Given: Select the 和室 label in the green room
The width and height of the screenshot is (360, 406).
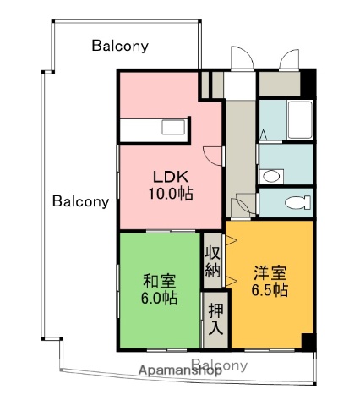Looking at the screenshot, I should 160,280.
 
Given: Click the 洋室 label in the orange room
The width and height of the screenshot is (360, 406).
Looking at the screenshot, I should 270,272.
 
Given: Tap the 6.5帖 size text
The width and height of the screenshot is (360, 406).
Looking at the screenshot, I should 270,290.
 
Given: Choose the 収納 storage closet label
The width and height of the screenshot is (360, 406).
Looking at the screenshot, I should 212,262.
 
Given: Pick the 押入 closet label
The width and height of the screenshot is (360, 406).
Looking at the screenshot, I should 215,318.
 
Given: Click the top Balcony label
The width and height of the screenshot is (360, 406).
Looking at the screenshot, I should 120,46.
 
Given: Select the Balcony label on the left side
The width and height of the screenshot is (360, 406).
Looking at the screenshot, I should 81,201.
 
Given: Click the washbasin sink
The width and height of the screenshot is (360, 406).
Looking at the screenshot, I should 270,176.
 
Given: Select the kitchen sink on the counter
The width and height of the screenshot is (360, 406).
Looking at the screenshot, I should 174,129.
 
